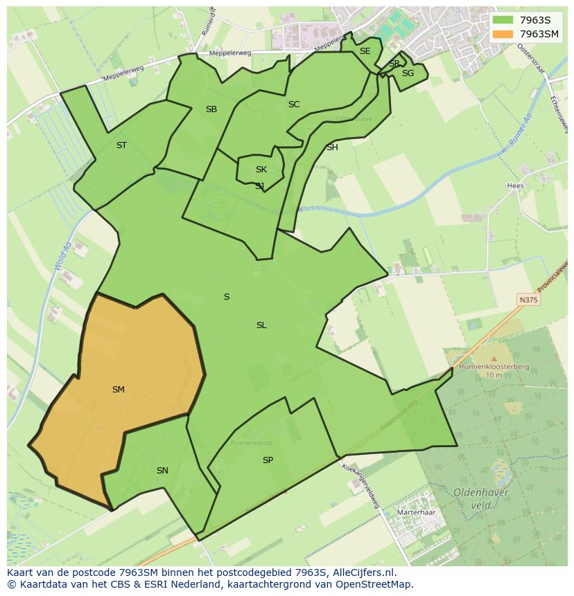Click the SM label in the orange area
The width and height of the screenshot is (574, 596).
(119, 390)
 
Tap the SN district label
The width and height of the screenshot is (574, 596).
(162, 471)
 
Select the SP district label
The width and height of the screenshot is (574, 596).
(268, 460)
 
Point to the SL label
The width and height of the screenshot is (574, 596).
(261, 325)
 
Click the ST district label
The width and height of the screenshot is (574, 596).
(122, 145)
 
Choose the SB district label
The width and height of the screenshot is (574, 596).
(211, 109)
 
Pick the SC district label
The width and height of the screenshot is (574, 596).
(294, 105)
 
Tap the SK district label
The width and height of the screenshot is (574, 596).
(261, 170)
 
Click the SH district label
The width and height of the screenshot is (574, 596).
(332, 147)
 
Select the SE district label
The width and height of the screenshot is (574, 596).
(365, 51)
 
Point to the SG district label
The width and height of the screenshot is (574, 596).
(408, 73)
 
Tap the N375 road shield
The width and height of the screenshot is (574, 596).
(528, 300)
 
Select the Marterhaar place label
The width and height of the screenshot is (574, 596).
(416, 513)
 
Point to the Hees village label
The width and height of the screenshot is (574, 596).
(515, 186)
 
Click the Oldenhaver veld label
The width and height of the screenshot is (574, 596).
(481, 498)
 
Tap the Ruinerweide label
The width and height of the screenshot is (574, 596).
(252, 442)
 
